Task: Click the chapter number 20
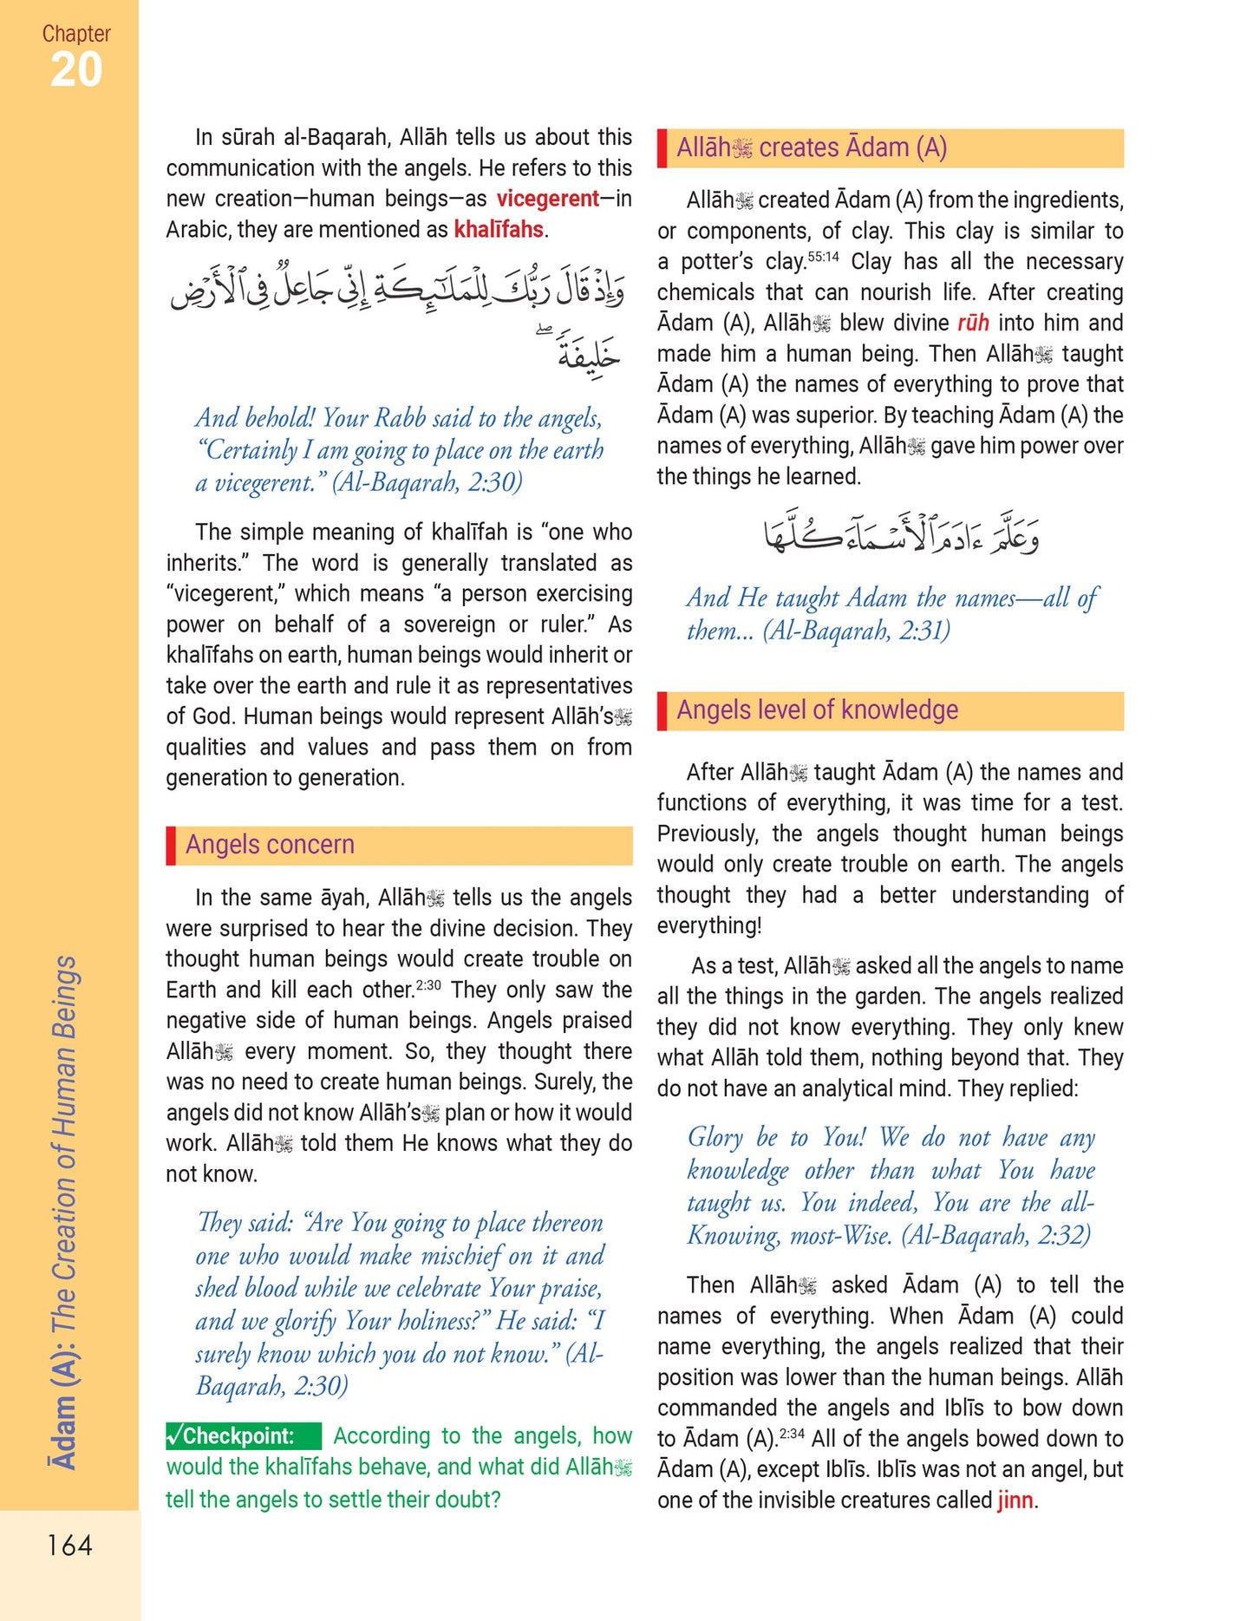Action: pyautogui.click(x=76, y=69)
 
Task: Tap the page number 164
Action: pyautogui.click(x=69, y=1545)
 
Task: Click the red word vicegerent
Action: pyautogui.click(x=547, y=199)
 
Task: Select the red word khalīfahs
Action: pyautogui.click(x=499, y=230)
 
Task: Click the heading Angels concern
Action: pyautogui.click(x=270, y=845)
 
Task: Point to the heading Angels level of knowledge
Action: pyautogui.click(x=817, y=710)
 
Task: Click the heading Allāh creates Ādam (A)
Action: pyautogui.click(x=811, y=148)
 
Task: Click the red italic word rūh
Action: pyautogui.click(x=973, y=324)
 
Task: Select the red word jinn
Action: pyautogui.click(x=1015, y=1500)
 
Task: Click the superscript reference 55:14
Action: pyautogui.click(x=823, y=258)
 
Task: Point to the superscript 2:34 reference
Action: pyautogui.click(x=792, y=1434)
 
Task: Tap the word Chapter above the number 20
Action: pyautogui.click(x=76, y=34)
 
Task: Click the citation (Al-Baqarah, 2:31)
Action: pyautogui.click(x=856, y=631)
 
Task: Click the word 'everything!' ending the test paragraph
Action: pyautogui.click(x=709, y=926)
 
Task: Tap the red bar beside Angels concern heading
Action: pyautogui.click(x=171, y=845)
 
